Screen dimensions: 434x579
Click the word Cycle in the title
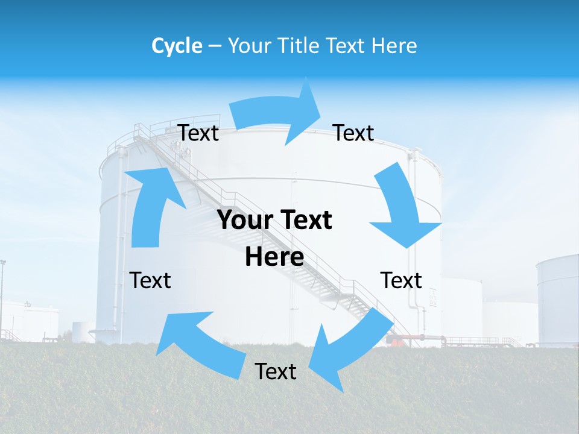coord(177,46)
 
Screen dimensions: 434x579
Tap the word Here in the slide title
coord(396,46)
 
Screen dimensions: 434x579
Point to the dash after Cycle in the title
coord(215,46)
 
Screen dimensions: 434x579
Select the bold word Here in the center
coord(274,257)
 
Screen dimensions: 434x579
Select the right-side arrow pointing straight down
coord(400,208)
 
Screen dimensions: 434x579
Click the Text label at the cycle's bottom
coord(276,371)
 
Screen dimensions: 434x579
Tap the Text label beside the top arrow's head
coord(353,133)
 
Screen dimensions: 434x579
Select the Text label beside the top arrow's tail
coord(198,133)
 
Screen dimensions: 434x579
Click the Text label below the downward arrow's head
coord(401,280)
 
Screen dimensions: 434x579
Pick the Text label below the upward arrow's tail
coord(150,280)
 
